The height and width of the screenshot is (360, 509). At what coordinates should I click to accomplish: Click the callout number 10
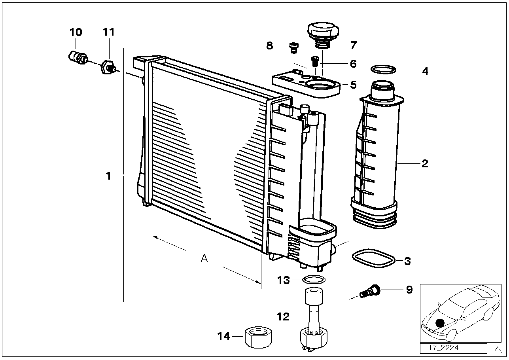click(76, 32)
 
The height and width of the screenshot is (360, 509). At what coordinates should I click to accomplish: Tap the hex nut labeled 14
click(258, 337)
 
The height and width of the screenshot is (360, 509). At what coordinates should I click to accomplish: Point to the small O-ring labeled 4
click(383, 70)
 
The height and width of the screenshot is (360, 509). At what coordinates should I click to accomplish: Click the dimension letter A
click(204, 258)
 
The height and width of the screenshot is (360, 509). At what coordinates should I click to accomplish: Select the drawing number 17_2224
click(443, 348)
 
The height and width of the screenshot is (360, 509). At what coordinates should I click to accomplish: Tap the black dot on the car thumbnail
click(440, 322)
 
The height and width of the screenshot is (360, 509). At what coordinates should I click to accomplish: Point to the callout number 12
click(283, 316)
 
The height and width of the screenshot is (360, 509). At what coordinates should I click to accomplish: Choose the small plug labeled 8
click(294, 48)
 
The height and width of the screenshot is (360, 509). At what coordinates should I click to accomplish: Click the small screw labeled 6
click(315, 61)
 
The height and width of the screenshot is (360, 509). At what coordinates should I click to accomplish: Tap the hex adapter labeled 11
click(108, 67)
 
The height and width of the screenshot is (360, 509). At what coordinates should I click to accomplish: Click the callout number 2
click(425, 164)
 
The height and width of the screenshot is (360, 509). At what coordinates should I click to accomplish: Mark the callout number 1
click(109, 176)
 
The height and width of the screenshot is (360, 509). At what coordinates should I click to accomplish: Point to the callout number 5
click(353, 85)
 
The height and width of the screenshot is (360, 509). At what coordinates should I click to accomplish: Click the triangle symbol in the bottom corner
click(498, 350)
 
